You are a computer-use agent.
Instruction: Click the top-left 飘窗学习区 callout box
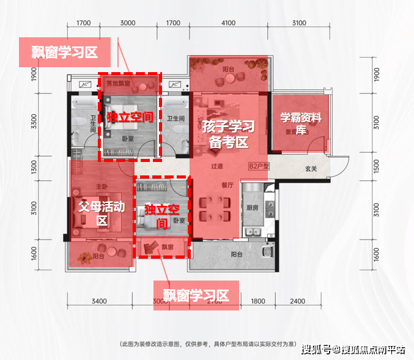pos(64,53)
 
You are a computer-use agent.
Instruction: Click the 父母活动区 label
pos(102,213)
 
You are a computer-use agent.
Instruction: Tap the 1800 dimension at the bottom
pos(258,301)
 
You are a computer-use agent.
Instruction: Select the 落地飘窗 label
pos(118,83)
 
